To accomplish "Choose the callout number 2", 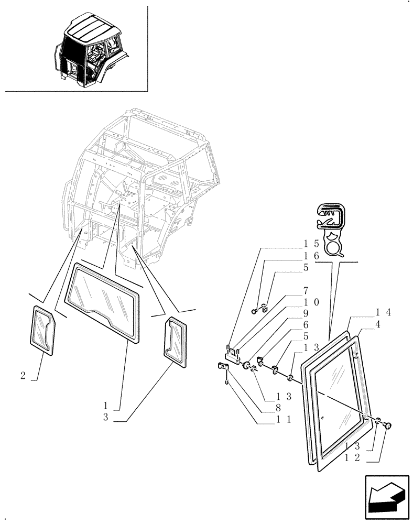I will [x=23, y=375].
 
